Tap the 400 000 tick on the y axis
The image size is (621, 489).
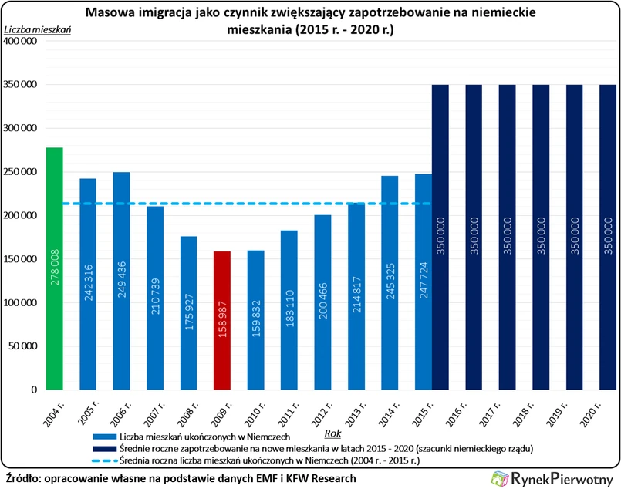[22, 41]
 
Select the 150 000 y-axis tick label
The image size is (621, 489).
[22, 259]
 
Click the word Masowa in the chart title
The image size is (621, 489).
[110, 13]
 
